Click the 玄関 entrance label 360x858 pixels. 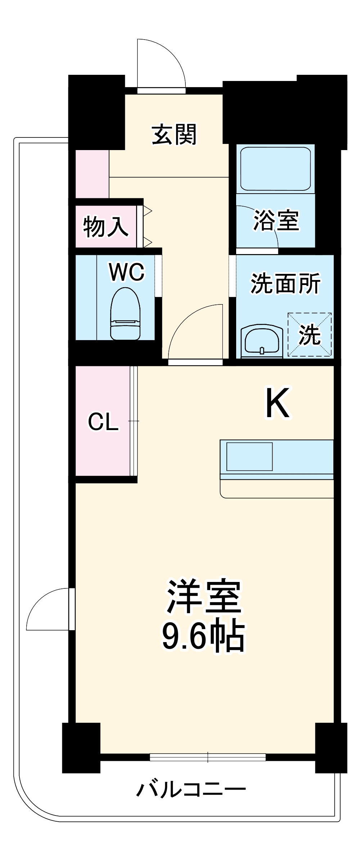(x=174, y=134)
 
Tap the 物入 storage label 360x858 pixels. (x=105, y=226)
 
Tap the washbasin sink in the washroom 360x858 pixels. (x=262, y=340)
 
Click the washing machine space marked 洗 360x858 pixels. (x=309, y=335)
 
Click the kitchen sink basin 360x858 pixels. (x=249, y=456)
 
